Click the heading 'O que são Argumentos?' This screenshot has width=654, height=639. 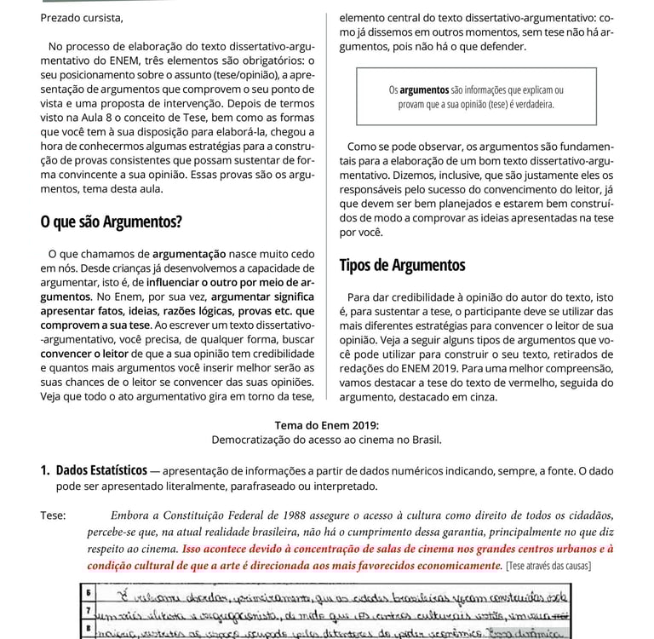click(111, 223)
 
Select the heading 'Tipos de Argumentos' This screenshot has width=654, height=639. click(402, 265)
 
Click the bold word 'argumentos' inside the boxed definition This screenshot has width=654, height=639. click(424, 89)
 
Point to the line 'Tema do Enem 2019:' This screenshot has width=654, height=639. click(327, 425)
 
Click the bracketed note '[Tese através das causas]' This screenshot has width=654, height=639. click(548, 566)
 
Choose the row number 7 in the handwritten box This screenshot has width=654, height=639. click(89, 612)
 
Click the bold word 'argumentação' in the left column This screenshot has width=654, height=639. click(189, 253)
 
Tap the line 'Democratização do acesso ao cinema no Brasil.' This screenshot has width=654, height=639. click(327, 440)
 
